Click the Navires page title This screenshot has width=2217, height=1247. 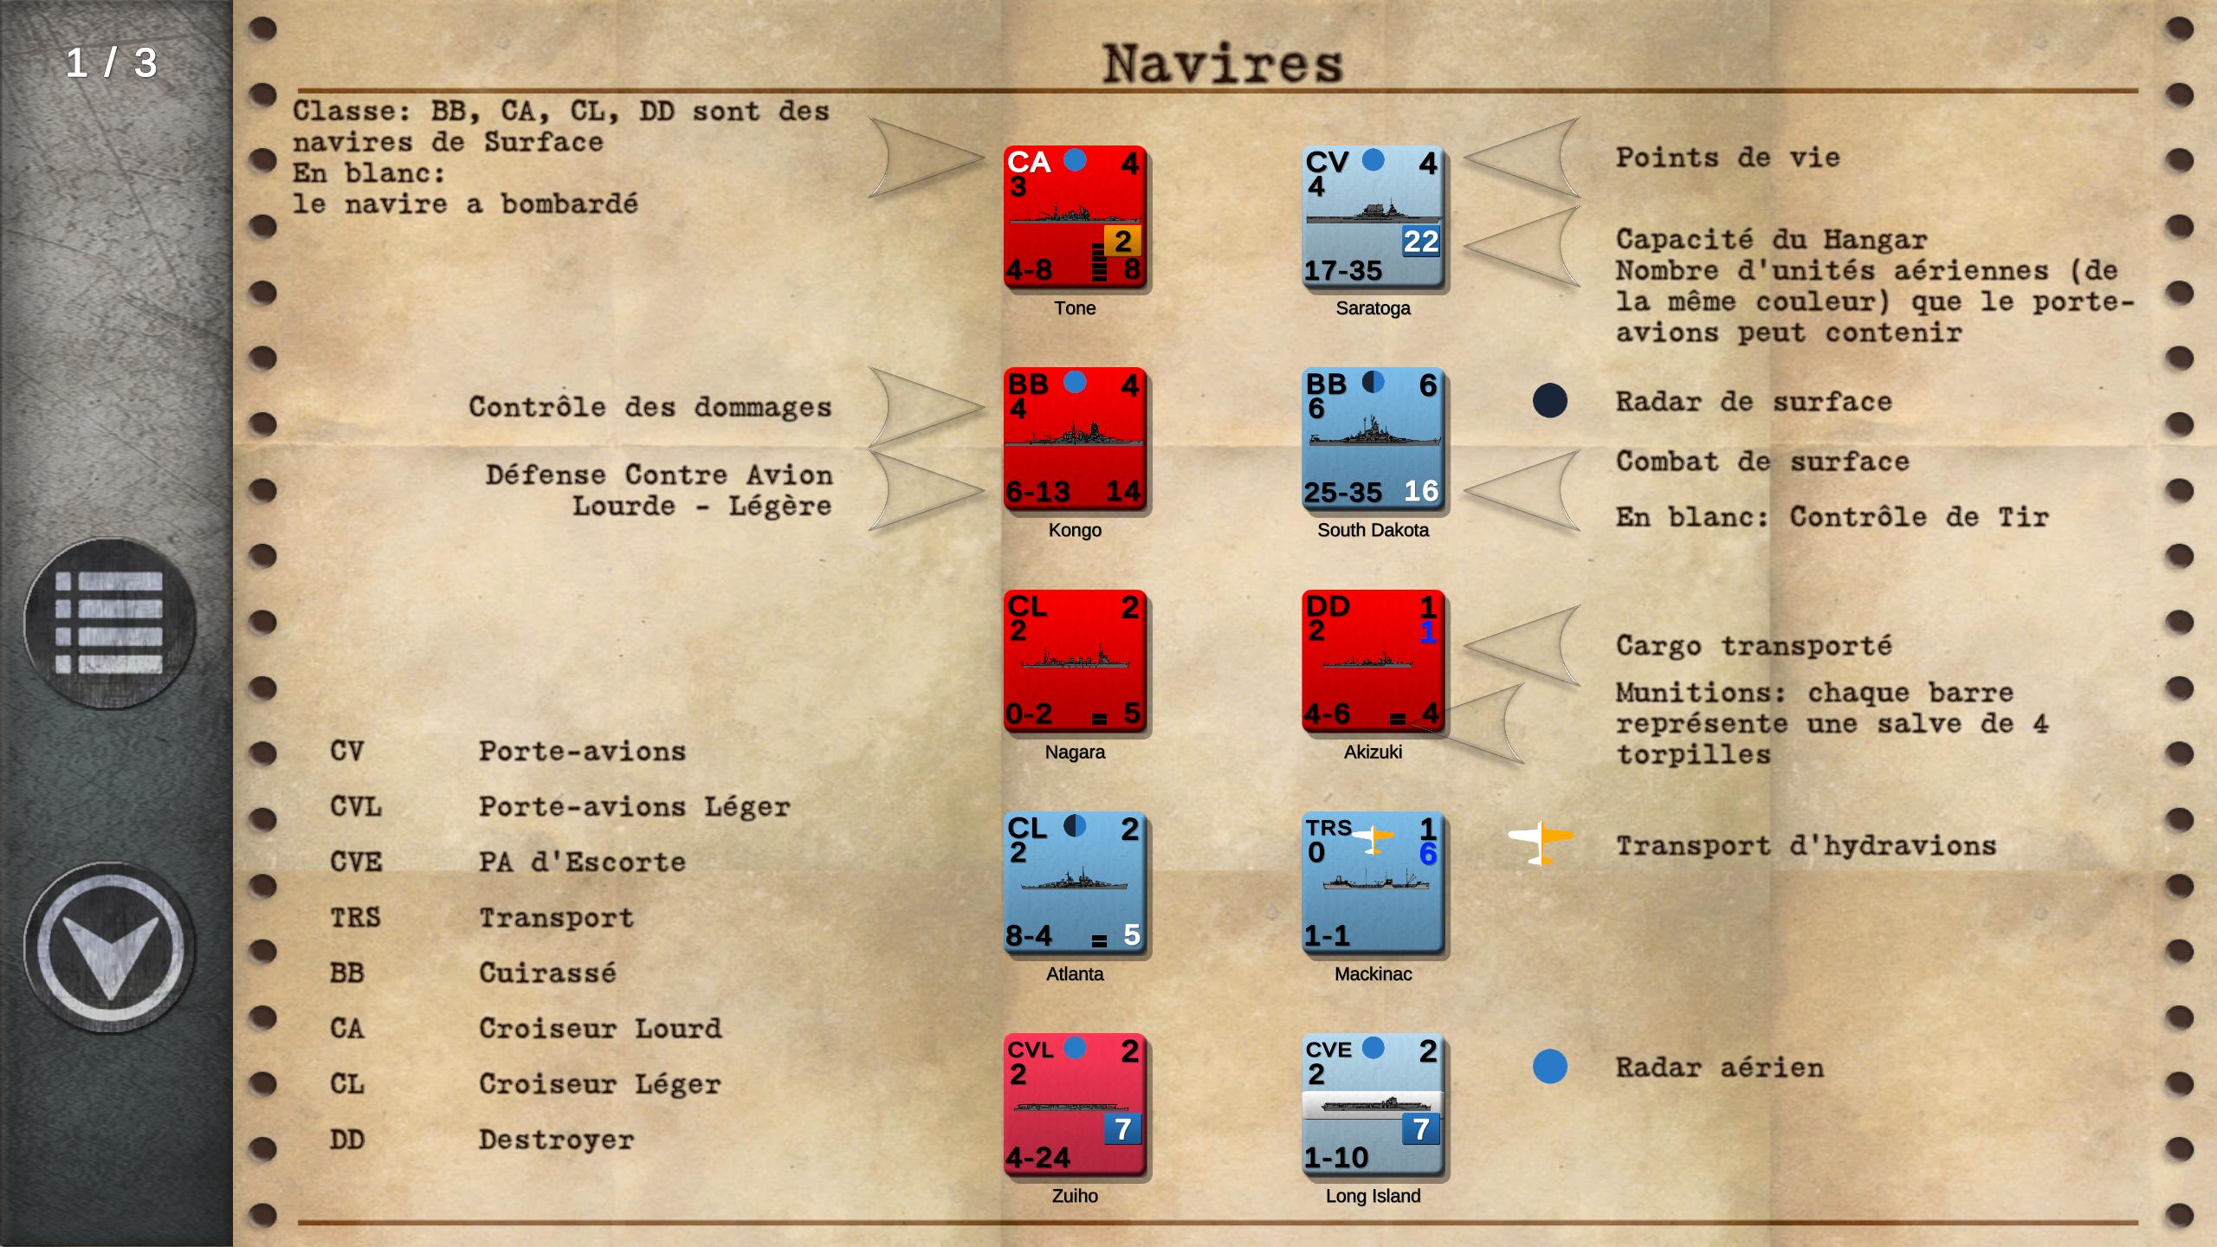coord(1222,63)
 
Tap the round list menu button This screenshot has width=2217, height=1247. coord(110,623)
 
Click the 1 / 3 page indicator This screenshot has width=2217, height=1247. coord(112,63)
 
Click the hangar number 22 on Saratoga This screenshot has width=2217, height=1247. coord(1421,242)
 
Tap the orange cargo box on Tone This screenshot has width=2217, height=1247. coord(1122,242)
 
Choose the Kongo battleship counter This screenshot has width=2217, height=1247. coord(1076,439)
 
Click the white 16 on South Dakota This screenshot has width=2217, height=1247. coord(1421,491)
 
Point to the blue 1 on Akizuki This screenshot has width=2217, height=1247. coord(1428,631)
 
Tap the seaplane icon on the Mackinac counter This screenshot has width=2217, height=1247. coord(1373,837)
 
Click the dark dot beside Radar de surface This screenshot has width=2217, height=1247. coord(1550,401)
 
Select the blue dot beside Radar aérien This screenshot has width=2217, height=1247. coord(1550,1067)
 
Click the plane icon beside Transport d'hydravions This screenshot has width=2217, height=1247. coord(1541,842)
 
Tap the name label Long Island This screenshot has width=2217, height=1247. coord(1374,1196)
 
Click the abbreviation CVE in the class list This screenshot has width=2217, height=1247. coord(356,862)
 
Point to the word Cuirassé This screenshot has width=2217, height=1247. coord(547,972)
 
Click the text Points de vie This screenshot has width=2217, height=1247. coord(1728,158)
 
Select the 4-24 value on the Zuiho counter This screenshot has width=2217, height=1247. coord(1037,1157)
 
